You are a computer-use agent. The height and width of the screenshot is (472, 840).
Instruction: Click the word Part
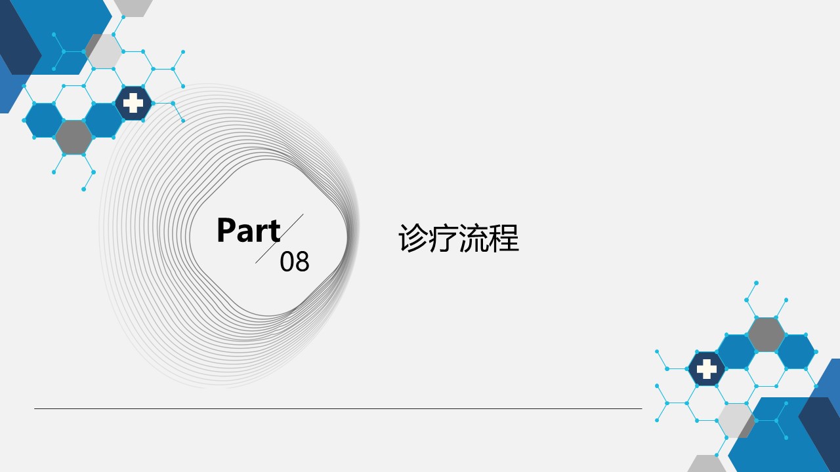[x=249, y=230]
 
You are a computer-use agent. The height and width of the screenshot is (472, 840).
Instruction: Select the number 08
[x=295, y=262]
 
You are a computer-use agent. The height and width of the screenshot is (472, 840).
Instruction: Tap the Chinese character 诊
[x=413, y=238]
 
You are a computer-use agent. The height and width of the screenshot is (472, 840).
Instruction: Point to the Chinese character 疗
[x=443, y=238]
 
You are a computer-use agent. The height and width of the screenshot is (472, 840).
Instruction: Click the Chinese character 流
[x=474, y=238]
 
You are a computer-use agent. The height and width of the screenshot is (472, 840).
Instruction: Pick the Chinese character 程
[x=504, y=238]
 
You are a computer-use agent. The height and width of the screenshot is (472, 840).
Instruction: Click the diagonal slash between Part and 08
[x=280, y=239]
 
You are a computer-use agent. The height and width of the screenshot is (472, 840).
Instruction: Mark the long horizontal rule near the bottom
[x=338, y=408]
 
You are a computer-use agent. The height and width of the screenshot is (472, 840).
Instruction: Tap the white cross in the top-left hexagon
[x=133, y=103]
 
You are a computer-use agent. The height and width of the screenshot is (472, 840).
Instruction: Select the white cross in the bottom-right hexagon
[x=707, y=369]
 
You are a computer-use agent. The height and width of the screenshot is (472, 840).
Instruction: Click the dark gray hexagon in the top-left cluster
[x=74, y=138]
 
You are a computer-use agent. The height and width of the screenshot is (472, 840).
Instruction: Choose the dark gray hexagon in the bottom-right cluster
[x=766, y=334]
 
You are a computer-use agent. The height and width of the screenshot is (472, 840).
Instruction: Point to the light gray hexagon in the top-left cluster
[x=104, y=51]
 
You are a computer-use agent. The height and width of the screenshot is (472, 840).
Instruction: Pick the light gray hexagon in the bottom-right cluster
[x=736, y=420]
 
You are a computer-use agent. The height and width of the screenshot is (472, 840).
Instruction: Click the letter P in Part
[x=226, y=230]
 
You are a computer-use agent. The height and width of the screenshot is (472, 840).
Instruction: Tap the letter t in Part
[x=275, y=232]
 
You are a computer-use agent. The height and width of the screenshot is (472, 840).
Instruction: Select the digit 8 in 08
[x=303, y=262]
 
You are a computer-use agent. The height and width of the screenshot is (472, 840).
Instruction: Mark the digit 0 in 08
[x=287, y=262]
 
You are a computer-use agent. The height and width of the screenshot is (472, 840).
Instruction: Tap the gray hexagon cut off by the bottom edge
[x=707, y=463]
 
